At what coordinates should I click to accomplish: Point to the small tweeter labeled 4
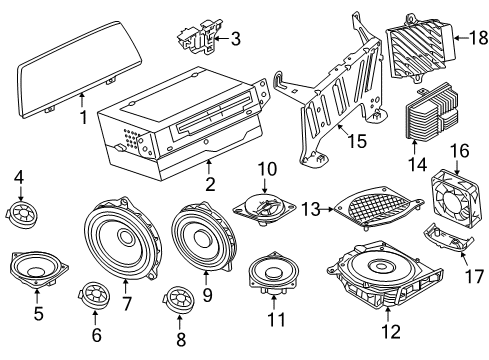coord(19,212)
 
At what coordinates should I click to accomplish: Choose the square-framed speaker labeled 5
coord(37,267)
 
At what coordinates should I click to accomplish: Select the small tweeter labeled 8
coord(179,298)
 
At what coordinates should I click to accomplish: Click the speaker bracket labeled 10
coord(263,209)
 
